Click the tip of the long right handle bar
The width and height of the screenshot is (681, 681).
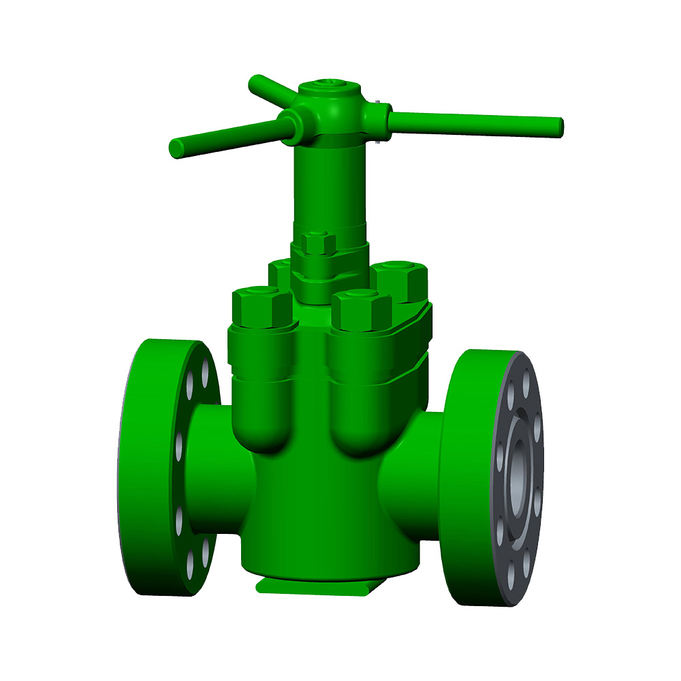tap(558, 126)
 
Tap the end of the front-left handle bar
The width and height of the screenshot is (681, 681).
tap(176, 147)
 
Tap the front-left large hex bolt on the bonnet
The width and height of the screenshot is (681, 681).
tap(262, 307)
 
